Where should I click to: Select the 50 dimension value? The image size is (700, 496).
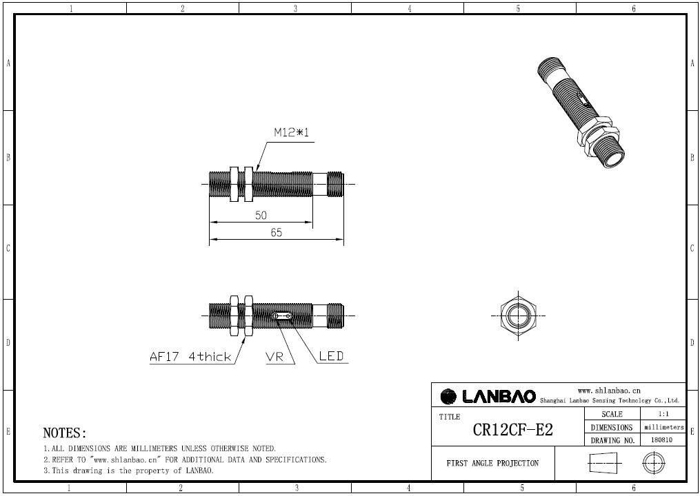click(261, 215)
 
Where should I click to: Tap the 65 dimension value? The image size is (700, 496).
click(276, 232)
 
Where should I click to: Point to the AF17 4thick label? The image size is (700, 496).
click(190, 357)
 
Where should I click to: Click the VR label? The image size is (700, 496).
click(274, 357)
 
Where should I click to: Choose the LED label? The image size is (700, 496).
click(330, 357)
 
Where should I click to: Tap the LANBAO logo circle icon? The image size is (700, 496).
click(448, 397)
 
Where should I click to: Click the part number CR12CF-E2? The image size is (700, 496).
click(512, 430)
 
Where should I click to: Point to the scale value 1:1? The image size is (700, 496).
click(663, 414)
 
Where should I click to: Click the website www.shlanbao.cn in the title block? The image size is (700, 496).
click(609, 390)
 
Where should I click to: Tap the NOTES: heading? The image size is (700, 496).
click(65, 433)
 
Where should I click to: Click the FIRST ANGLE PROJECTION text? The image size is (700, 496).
click(492, 463)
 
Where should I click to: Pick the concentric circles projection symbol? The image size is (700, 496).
click(653, 463)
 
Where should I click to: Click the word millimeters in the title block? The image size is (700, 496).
click(663, 427)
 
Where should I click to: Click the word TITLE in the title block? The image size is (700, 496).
click(449, 417)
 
